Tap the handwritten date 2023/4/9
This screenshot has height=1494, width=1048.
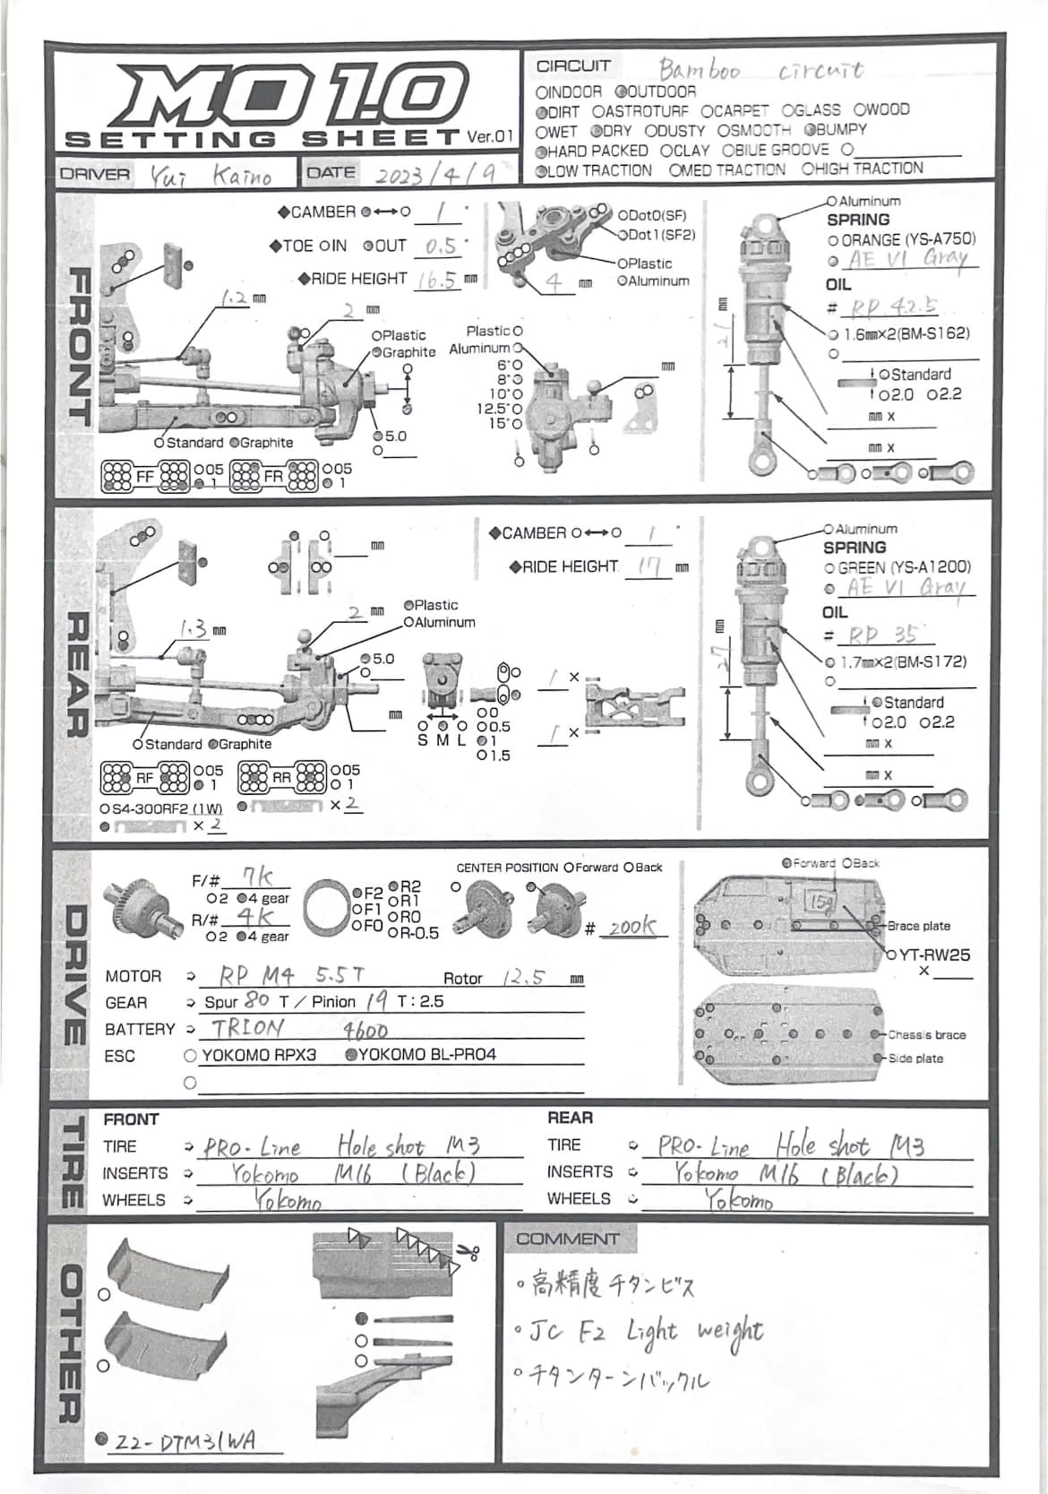click(x=434, y=173)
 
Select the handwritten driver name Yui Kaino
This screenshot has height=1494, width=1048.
click(x=211, y=176)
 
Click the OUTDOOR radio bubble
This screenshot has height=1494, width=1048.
click(x=621, y=92)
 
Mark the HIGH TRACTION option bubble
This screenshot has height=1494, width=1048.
click(x=808, y=169)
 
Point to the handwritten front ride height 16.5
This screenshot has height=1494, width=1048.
click(x=437, y=280)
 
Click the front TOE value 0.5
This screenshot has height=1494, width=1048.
click(x=441, y=246)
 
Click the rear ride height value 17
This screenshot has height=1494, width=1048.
click(x=649, y=566)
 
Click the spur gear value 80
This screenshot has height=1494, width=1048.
click(x=257, y=1000)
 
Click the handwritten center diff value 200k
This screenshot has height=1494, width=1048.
click(x=632, y=927)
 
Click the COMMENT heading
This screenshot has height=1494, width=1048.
click(x=568, y=1239)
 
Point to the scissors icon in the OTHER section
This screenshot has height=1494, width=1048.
click(x=468, y=1252)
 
